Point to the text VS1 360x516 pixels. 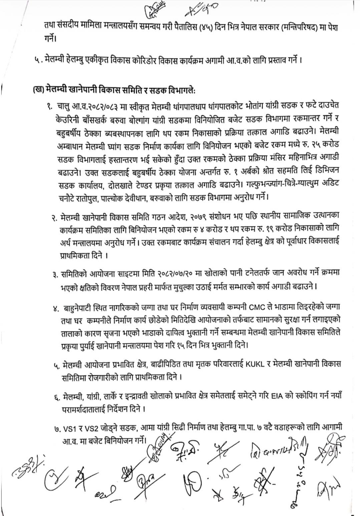[x=69, y=427]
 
